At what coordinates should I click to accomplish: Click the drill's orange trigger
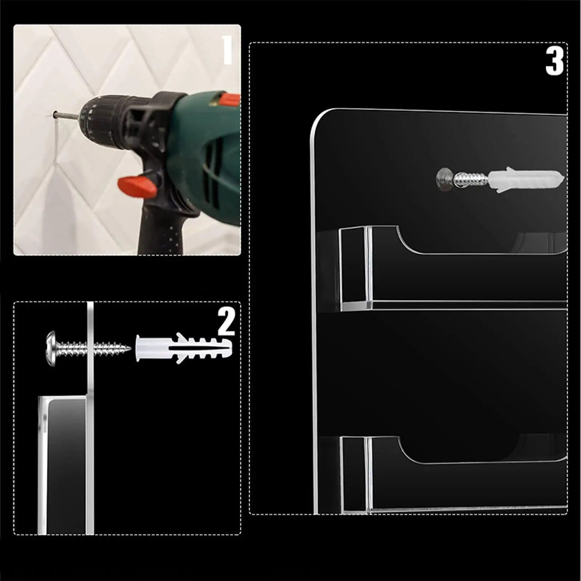[x=137, y=185]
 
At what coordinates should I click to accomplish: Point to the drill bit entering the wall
[x=65, y=115]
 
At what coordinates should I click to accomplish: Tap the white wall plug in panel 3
[x=526, y=179]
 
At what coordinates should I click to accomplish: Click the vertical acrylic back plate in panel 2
[x=90, y=418]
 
